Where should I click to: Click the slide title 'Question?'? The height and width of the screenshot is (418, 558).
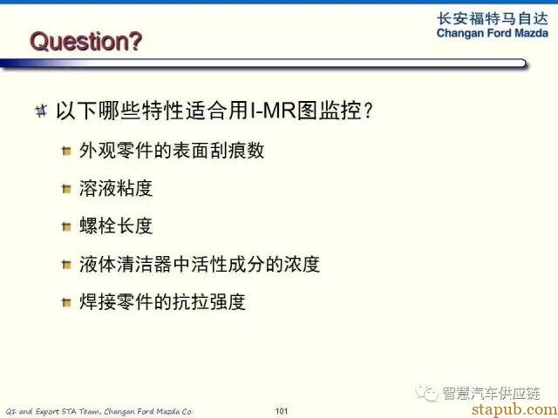85,42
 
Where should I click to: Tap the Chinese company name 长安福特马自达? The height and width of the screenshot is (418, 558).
493,19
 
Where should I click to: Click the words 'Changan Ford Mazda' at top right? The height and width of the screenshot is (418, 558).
493,33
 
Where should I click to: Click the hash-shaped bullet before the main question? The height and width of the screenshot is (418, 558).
41,111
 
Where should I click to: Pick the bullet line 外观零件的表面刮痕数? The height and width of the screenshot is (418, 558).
172,151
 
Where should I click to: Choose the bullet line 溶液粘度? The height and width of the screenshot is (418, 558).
116,188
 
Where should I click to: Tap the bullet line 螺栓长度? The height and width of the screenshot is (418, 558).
116,226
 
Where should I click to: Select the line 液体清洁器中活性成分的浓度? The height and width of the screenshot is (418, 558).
200,264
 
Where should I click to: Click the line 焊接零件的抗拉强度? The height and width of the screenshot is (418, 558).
162,302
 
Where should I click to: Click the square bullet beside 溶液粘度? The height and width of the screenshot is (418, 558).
66,189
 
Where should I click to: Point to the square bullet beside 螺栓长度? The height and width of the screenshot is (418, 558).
66,226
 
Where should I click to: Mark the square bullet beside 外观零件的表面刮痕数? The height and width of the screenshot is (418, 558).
66,151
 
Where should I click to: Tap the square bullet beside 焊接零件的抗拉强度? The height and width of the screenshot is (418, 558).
66,302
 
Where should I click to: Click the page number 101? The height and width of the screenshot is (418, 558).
281,411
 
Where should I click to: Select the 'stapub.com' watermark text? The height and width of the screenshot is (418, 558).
515,409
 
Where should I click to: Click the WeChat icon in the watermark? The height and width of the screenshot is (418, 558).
426,393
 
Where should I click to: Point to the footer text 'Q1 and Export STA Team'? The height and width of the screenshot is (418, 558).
54,412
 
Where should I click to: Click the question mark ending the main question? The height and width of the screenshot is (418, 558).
368,111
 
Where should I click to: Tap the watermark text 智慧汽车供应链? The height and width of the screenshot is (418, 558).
491,393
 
